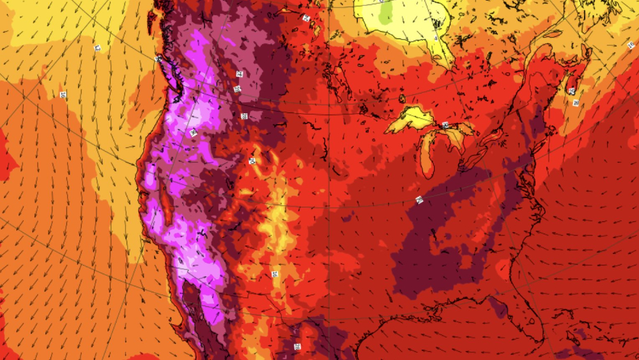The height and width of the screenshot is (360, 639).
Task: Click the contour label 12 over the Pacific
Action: click(98, 48)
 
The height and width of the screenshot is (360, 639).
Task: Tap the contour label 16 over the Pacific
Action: click(63, 95)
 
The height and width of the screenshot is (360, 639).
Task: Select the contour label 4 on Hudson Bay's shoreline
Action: click(436, 38)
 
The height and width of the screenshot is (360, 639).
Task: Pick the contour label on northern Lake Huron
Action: click(445, 125)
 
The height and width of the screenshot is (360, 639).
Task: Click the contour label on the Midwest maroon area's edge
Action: click(419, 200)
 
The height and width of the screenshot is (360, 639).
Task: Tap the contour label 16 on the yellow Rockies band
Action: click(275, 274)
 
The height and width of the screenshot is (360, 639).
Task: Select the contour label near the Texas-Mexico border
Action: click(297, 347)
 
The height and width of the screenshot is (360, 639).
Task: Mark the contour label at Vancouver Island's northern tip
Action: click(158, 58)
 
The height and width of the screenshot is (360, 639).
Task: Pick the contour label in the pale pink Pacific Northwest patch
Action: click(194, 132)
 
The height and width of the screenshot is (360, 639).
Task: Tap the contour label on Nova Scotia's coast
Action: click(576, 102)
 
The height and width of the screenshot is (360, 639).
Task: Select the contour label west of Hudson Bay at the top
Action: click(306, 18)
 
